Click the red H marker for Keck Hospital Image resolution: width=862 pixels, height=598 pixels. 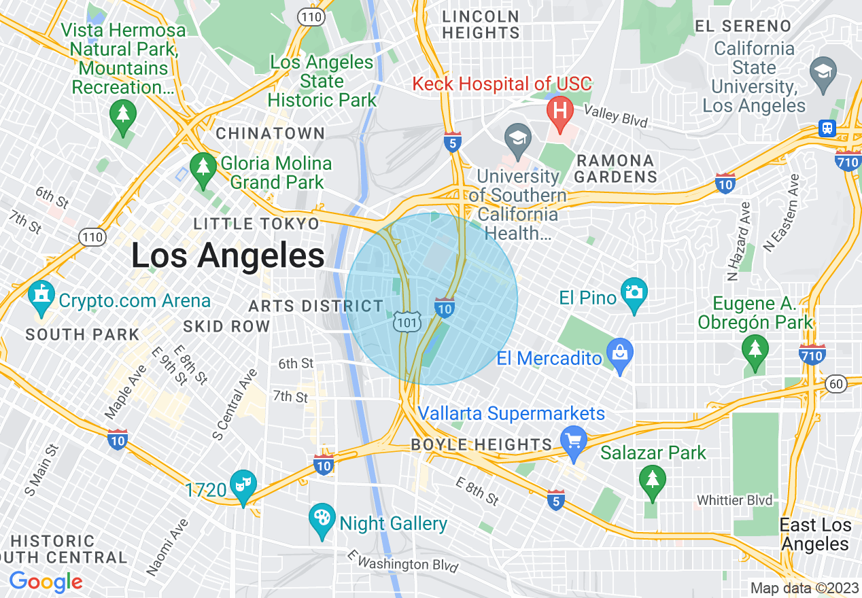click(560, 109)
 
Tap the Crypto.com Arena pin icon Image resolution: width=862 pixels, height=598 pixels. click(41, 296)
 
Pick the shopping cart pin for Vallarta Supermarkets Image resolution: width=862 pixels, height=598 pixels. click(574, 442)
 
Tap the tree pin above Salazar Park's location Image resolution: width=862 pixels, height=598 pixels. click(653, 480)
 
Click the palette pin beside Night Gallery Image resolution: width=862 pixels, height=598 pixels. click(322, 519)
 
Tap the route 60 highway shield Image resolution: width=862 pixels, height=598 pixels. click(835, 385)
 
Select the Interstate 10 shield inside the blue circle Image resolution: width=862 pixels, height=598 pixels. click(445, 308)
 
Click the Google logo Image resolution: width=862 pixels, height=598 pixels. click(46, 582)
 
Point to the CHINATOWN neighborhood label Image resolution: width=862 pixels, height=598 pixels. click(271, 133)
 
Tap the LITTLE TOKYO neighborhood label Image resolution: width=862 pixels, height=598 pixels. click(256, 224)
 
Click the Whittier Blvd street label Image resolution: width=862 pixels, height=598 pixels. click(735, 501)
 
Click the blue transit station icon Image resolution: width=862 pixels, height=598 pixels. click(827, 128)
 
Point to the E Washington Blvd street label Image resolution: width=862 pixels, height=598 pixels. click(402, 563)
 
